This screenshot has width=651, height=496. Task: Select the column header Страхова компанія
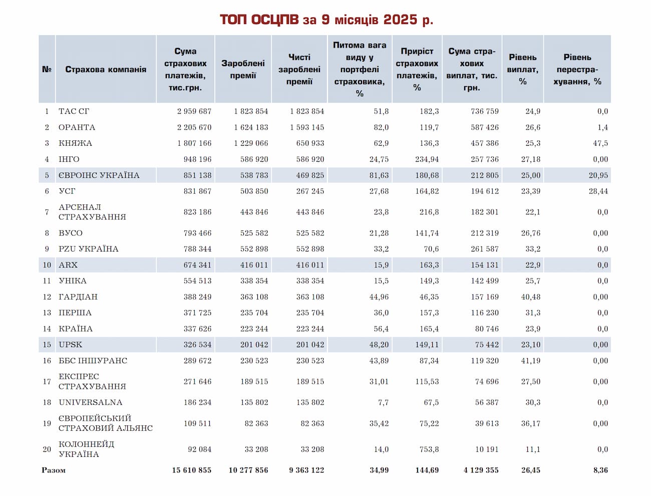tap(106, 69)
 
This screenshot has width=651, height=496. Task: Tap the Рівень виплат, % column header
tap(522, 69)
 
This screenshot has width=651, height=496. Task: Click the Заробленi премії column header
tap(243, 69)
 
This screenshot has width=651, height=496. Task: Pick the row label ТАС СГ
tap(74, 111)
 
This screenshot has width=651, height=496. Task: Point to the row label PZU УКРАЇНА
tap(88, 249)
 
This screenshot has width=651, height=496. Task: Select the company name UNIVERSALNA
tap(90, 402)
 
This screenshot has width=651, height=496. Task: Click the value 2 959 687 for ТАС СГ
tap(194, 111)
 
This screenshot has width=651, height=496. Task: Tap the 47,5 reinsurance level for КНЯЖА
tap(600, 143)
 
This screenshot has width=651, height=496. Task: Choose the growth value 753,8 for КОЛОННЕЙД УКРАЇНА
tap(429, 449)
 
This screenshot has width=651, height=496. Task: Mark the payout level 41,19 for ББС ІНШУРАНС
tap(530, 361)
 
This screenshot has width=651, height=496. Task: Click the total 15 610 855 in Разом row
tap(191, 470)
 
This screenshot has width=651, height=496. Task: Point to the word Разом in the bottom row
tap(54, 470)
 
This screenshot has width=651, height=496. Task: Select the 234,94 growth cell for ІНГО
tap(427, 159)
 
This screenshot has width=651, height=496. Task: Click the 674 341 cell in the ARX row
tap(197, 265)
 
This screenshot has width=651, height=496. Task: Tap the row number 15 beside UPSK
tap(47, 345)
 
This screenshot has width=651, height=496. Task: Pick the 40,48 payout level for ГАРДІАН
tap(530, 297)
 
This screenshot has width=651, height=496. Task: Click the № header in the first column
tap(47, 69)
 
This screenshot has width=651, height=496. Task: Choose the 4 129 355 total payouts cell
tap(481, 470)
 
